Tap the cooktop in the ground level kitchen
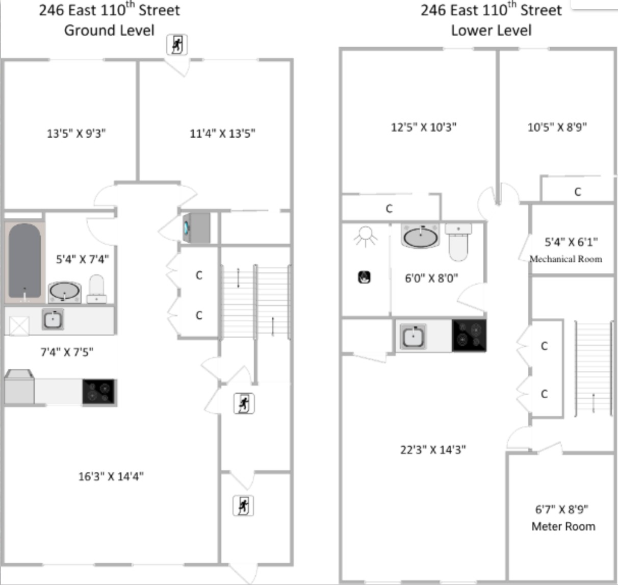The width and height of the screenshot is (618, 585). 99,392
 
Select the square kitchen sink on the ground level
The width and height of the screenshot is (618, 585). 53,320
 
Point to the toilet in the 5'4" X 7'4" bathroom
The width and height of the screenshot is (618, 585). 96,289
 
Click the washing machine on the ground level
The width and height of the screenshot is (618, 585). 196,227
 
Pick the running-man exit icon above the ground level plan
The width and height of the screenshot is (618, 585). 177,45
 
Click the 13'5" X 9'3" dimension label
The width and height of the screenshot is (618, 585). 76,134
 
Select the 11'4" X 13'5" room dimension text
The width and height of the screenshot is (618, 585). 222,134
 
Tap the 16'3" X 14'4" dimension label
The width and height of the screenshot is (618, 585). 111,476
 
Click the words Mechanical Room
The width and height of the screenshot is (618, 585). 565,259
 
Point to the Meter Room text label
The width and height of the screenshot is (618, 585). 563,526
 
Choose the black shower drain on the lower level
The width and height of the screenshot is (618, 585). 364,277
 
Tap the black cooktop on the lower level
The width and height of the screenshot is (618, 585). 469,335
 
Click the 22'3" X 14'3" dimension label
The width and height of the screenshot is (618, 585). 433,450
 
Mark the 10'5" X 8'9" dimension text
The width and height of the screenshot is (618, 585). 557,127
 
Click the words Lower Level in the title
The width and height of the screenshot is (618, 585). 491,30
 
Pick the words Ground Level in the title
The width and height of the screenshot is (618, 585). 109,30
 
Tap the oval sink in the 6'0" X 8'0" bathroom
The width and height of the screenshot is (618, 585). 420,237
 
